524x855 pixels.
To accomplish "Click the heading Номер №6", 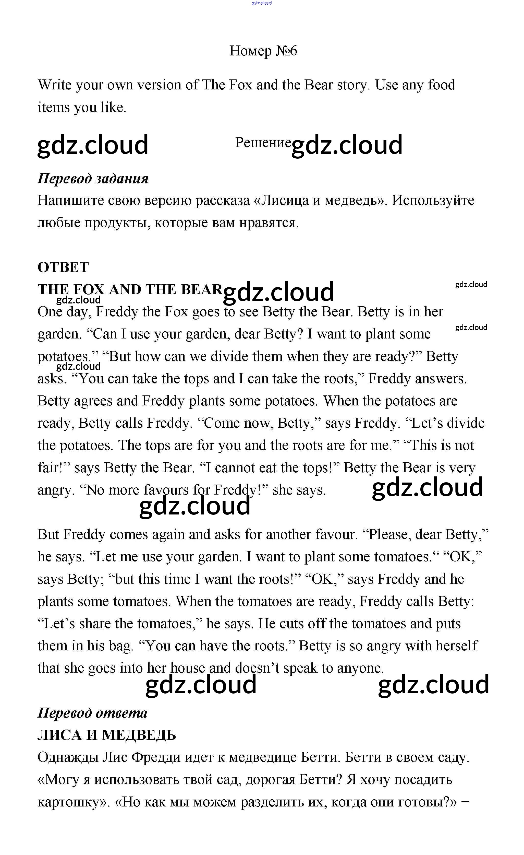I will pos(263,51).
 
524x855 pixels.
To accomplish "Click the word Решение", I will pos(263,143).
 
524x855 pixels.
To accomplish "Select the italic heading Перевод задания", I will pos(93,179).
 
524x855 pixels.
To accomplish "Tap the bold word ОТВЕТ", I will pos(63,267).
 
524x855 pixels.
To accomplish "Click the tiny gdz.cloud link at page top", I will pos(262,3).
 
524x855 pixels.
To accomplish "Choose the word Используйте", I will pos(433,201).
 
